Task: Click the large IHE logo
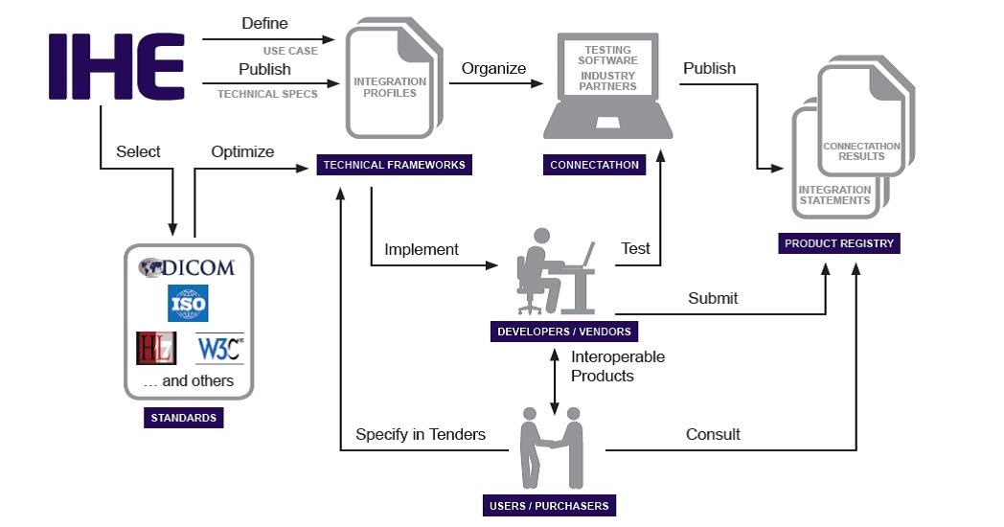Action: (116, 66)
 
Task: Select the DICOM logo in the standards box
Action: (187, 267)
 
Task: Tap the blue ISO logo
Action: (188, 303)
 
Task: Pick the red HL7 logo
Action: (156, 348)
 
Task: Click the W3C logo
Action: (219, 348)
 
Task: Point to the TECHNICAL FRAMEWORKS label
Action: (394, 165)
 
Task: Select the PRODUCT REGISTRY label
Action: (839, 243)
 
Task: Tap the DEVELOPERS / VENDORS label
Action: (563, 332)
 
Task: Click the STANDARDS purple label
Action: (183, 418)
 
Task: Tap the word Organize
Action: (493, 68)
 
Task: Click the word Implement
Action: (422, 249)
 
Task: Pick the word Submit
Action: (713, 298)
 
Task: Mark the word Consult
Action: (713, 434)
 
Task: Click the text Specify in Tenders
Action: (421, 434)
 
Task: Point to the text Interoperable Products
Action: (618, 366)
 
